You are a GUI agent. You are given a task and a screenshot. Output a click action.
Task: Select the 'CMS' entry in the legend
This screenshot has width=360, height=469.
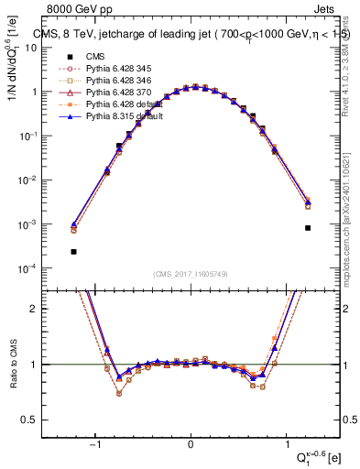94,57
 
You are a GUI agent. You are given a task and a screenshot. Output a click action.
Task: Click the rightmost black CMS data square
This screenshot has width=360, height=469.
308,228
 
